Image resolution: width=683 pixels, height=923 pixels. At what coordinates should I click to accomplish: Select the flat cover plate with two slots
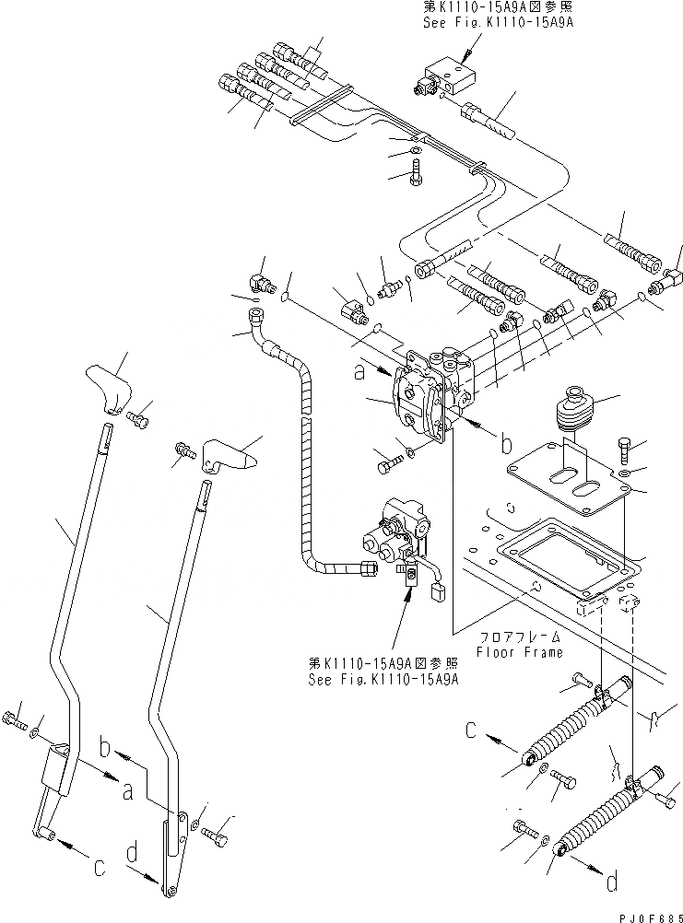pyautogui.click(x=568, y=481)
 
